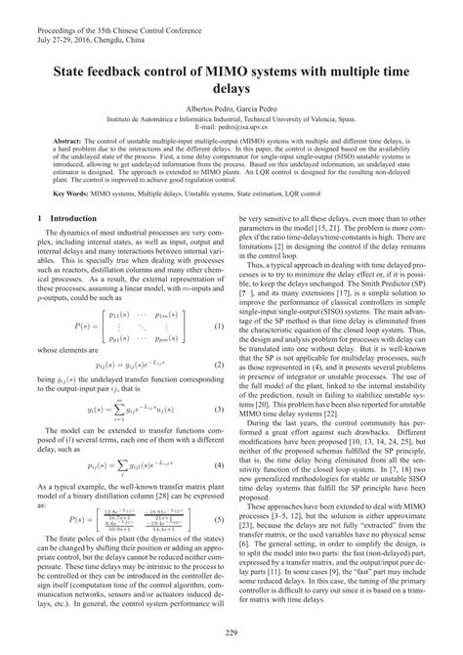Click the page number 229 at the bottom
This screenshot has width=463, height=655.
click(231, 638)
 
